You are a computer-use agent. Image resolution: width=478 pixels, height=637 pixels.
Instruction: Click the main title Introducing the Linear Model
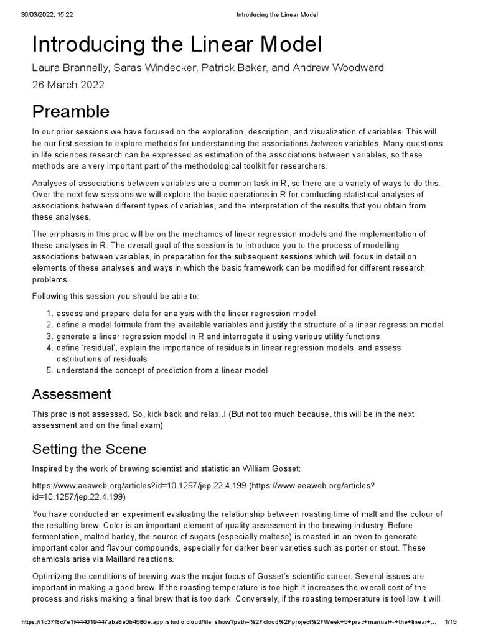pyautogui.click(x=177, y=46)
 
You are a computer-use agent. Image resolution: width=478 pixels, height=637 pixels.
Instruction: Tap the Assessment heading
pyautogui.click(x=72, y=394)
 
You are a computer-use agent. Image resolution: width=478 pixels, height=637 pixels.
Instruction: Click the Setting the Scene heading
pyautogui.click(x=89, y=450)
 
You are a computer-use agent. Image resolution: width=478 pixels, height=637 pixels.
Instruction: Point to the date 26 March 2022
pyautogui.click(x=68, y=85)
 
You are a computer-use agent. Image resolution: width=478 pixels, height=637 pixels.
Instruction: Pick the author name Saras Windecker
pyautogui.click(x=156, y=68)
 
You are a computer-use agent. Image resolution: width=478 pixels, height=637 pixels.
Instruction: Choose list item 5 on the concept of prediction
pyautogui.click(x=162, y=370)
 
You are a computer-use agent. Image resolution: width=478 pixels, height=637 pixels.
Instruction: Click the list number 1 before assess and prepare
pyautogui.click(x=49, y=314)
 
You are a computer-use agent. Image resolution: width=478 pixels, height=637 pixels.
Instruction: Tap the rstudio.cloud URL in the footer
pyautogui.click(x=224, y=622)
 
